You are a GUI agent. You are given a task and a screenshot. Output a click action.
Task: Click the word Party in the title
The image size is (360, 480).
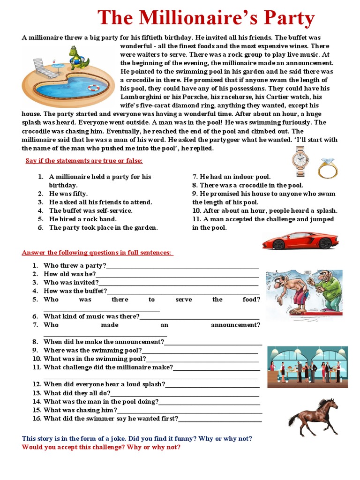(282, 19)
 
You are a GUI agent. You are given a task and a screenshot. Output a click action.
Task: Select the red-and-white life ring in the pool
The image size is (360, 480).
(94, 88)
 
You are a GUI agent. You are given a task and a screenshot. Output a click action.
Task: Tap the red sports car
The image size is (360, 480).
(300, 240)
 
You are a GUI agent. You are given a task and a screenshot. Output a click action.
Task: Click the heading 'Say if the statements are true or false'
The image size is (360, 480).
(84, 161)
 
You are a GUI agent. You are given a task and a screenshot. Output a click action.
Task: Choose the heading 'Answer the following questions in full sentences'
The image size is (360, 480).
(97, 253)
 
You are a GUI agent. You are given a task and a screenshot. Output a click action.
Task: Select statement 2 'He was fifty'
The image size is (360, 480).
(68, 194)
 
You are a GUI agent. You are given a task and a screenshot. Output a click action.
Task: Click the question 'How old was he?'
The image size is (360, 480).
(69, 274)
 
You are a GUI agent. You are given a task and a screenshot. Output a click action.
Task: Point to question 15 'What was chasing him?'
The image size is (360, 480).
(80, 410)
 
